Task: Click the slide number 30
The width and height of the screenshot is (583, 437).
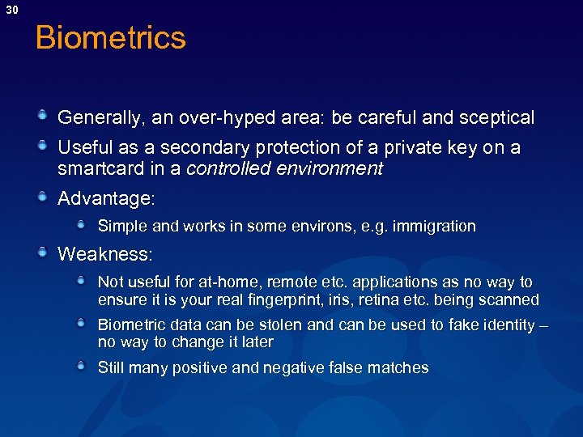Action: [11, 9]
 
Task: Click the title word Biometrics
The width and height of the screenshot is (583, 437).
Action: [111, 38]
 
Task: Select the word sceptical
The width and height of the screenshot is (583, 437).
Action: [496, 118]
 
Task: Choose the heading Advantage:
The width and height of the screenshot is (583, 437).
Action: [104, 198]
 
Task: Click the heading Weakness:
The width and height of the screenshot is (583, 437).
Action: [104, 254]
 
